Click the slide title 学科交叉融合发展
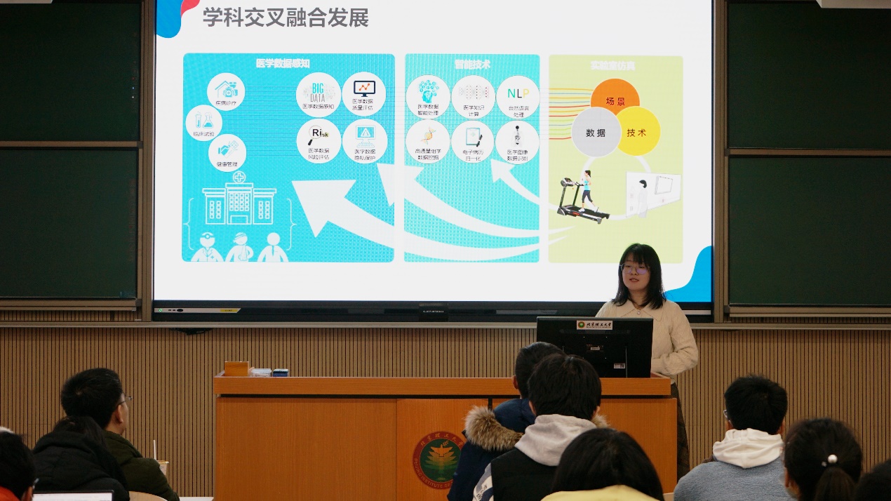pos(286,17)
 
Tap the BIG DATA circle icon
pos(319,93)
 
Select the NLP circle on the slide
pos(518,96)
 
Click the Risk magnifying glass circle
pos(319,139)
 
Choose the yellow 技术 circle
pos(637,131)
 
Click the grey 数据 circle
pos(596,132)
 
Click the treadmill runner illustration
pos(582,199)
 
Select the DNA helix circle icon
pos(427,141)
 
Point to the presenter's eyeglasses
pos(635,268)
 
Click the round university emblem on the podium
pos(437,460)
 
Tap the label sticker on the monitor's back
pos(594,325)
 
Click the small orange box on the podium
pos(236,368)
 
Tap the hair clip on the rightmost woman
pos(831,460)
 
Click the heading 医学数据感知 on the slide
pos(283,64)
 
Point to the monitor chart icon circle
pos(363,93)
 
